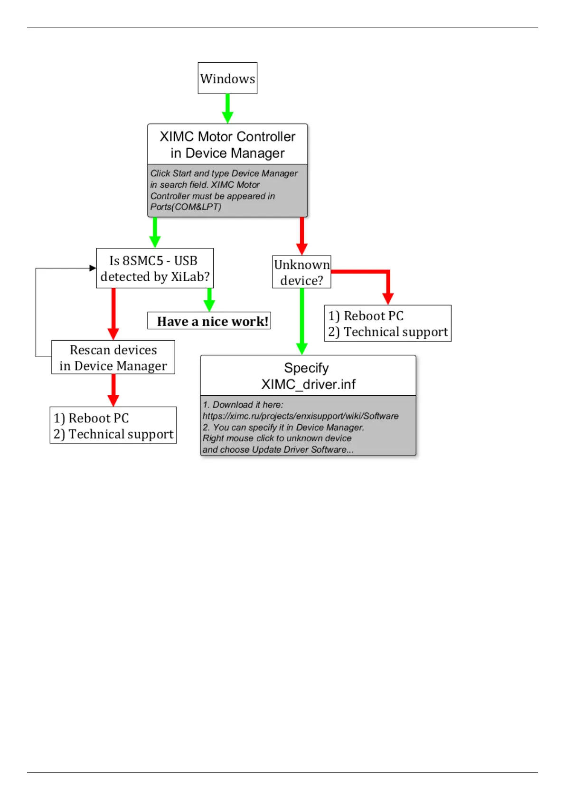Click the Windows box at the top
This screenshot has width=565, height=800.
(227, 78)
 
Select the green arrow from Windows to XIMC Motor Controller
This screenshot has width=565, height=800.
(227, 108)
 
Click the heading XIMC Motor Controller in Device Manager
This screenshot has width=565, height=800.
(227, 144)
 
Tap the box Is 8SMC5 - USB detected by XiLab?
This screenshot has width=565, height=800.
(155, 268)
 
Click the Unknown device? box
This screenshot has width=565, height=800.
(301, 272)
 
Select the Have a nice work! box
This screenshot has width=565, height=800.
(209, 321)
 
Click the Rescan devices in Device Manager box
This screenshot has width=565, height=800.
(113, 357)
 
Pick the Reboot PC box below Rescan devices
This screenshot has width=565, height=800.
(113, 425)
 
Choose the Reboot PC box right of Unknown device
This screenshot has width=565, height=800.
(387, 324)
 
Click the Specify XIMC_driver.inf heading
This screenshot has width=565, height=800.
(308, 376)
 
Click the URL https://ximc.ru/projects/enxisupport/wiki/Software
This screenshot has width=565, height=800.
(301, 416)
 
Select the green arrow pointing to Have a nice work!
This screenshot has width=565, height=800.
(209, 300)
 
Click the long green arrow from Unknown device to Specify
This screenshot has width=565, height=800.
(302, 321)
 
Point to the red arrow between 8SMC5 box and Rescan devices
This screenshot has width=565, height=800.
(113, 314)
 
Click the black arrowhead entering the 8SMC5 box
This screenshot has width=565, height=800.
(93, 268)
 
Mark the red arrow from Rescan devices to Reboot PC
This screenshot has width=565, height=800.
(113, 390)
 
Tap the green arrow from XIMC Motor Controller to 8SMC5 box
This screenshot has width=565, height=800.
(155, 232)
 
